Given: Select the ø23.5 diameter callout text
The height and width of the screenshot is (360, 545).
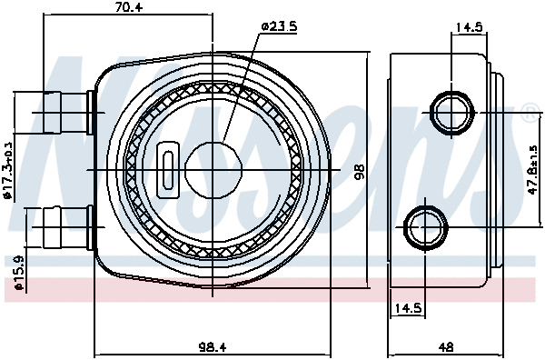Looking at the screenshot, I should click(280, 26).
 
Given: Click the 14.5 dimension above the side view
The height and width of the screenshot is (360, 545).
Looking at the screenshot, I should click(469, 27).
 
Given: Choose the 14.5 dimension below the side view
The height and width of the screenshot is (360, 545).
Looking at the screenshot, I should click(408, 308).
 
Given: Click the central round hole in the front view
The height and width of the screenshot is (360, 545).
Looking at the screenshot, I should click(212, 169).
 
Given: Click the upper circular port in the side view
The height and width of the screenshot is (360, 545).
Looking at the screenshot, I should click(452, 112).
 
